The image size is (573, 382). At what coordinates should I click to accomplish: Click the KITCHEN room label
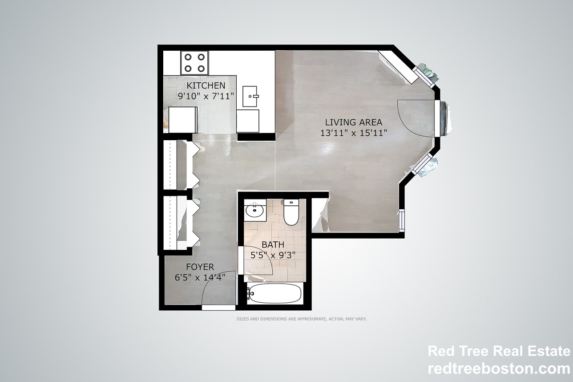[x=206, y=85]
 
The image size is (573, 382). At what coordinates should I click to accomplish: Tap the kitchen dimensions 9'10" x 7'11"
[x=206, y=96]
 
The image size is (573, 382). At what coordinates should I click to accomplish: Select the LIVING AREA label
[x=353, y=122]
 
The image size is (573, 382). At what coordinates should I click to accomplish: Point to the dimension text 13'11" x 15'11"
[x=354, y=132]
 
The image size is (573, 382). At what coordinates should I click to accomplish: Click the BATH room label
[x=273, y=245]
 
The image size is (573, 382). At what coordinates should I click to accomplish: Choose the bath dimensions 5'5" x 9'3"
[x=273, y=256]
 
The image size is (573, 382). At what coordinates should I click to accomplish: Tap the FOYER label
[x=200, y=267]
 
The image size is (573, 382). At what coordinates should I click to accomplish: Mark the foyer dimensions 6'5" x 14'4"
[x=200, y=277]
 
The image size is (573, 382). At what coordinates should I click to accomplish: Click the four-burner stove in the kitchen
[x=195, y=63]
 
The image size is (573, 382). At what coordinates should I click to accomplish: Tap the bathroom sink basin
[x=255, y=210]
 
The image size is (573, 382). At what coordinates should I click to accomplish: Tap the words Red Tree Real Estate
[x=498, y=351]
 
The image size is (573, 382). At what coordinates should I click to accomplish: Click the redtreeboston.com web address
[x=498, y=369]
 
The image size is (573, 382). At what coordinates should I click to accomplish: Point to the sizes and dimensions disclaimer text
[x=301, y=319]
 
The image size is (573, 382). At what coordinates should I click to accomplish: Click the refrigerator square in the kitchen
[x=183, y=120]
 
